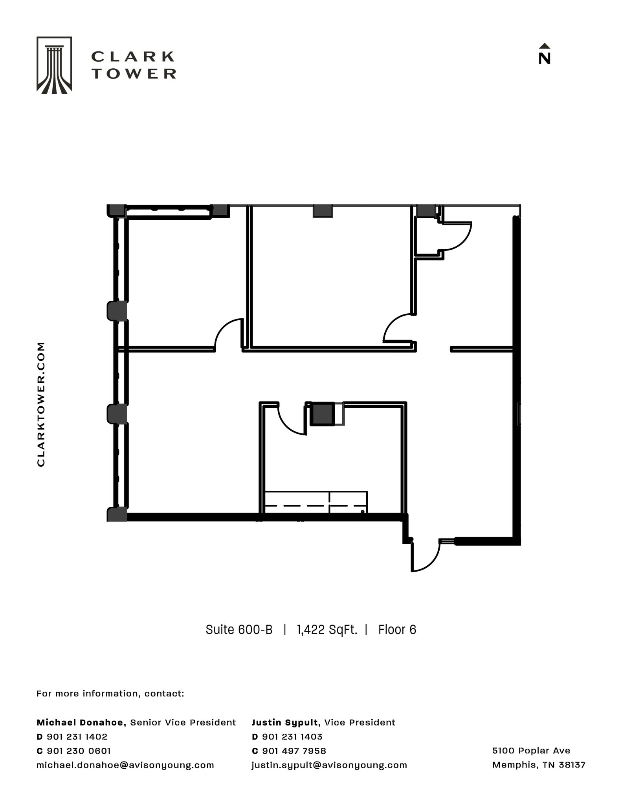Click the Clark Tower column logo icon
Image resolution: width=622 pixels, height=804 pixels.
[x=54, y=65]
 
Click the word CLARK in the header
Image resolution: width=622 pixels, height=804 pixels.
[x=133, y=57]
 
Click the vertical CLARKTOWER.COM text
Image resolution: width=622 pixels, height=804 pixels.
[x=41, y=404]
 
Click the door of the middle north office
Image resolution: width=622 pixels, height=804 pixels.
[x=397, y=328]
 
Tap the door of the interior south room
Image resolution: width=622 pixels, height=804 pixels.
[x=292, y=420]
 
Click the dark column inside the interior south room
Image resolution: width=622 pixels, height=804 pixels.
[x=323, y=413]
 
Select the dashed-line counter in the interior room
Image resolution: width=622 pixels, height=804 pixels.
[x=316, y=502]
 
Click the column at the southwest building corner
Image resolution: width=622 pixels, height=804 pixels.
[x=117, y=514]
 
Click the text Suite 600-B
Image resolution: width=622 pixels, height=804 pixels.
[x=239, y=630]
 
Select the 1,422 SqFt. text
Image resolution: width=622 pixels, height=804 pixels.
[x=327, y=630]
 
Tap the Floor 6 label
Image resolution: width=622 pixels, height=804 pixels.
[x=397, y=630]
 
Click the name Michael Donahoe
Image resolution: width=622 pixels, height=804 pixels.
[x=81, y=722]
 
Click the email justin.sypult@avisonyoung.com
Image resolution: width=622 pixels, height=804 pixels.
[x=329, y=765]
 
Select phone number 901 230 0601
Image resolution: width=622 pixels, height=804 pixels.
[x=79, y=751]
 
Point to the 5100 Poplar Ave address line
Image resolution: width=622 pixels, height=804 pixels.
[x=531, y=751]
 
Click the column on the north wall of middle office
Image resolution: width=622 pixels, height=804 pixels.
[x=323, y=211]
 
